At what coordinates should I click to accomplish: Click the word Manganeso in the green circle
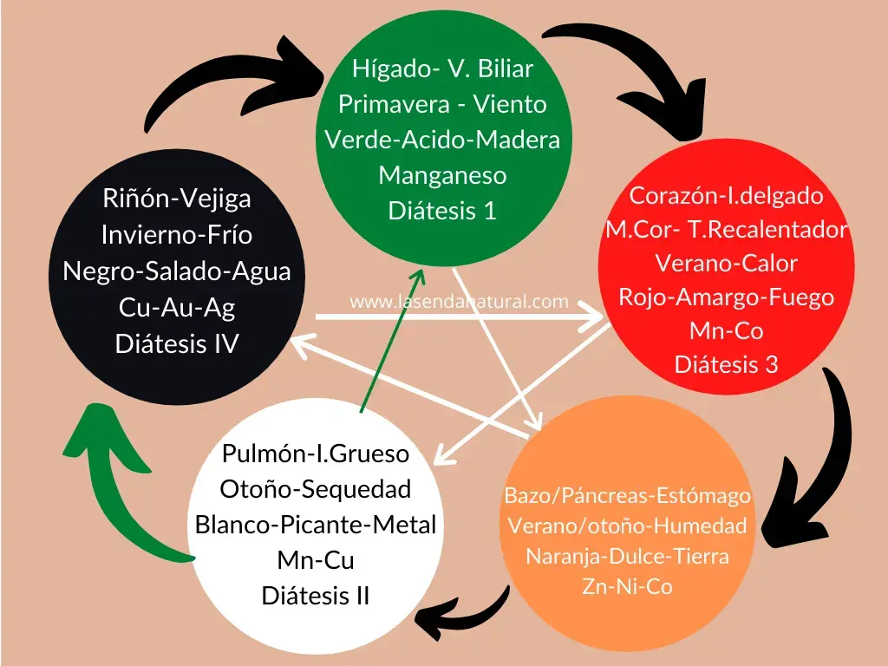point(442,175)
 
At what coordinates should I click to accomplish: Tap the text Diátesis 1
point(442,211)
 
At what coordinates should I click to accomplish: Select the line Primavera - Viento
point(442,104)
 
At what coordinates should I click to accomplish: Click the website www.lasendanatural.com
point(459,302)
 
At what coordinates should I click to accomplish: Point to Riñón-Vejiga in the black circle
point(176,199)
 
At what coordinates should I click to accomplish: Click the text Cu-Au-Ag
point(176,308)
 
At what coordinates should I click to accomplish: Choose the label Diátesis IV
point(176,344)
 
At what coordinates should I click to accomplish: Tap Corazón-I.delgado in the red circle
point(726,196)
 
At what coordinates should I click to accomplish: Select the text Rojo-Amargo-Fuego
point(726,297)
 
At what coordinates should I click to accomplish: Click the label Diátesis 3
point(726,365)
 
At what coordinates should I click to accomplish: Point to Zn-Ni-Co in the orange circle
point(627,587)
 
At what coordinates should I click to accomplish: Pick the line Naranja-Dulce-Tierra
point(627,557)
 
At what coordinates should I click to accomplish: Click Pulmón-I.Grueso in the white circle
point(315,454)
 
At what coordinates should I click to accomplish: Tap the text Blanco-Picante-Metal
point(315,525)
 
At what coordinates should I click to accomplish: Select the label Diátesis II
point(315,597)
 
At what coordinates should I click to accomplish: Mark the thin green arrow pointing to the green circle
point(390,338)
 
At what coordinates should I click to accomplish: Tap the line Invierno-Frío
point(176,235)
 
